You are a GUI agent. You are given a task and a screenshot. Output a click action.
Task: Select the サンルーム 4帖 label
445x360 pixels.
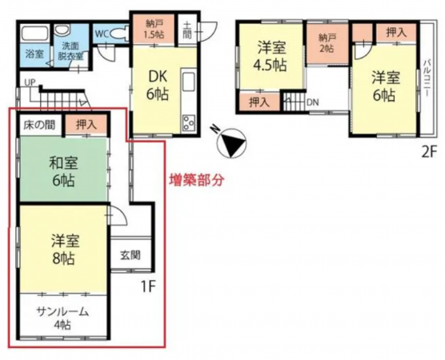tap(62, 318)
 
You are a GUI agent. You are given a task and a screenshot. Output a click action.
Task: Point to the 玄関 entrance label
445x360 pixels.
tap(130, 256)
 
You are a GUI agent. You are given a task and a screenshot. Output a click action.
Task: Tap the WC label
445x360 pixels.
tap(102, 34)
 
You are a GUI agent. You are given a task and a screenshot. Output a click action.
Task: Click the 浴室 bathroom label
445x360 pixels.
tap(33, 54)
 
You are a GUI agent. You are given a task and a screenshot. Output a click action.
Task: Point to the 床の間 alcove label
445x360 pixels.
tap(38, 126)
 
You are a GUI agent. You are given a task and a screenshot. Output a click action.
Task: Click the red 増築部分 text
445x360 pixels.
tap(196, 180)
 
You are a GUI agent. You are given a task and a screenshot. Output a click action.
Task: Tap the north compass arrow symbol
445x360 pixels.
tap(230, 143)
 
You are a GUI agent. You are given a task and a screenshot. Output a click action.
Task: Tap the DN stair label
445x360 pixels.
tap(312, 102)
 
